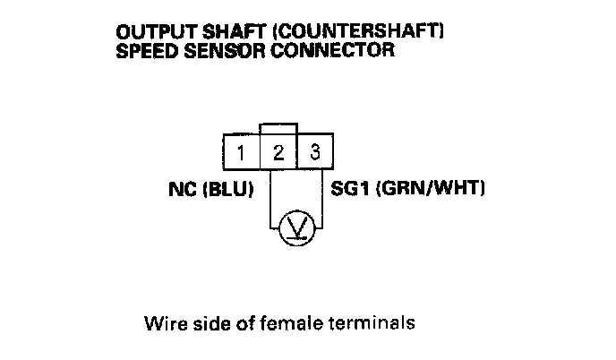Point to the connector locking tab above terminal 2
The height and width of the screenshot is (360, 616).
[x=278, y=130]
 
